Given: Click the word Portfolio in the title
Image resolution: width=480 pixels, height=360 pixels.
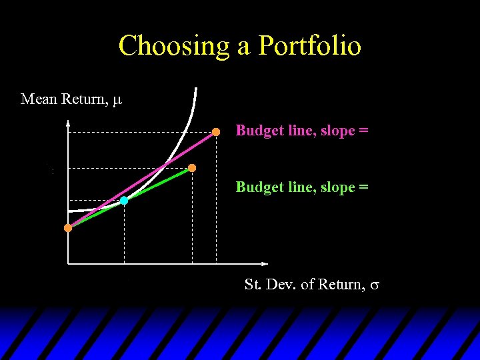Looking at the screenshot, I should [x=310, y=46].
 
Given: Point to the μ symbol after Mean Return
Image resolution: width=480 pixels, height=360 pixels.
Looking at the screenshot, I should [x=117, y=101].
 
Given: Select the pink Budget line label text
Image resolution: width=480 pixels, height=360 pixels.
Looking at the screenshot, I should [x=301, y=131].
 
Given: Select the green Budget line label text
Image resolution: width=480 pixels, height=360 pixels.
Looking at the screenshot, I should [x=301, y=187].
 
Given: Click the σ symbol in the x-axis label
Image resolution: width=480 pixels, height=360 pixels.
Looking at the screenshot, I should [x=375, y=285].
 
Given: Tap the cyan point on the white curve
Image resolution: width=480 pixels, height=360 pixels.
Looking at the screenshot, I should [x=124, y=200].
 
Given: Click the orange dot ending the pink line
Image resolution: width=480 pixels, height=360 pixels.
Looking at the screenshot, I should [x=216, y=132].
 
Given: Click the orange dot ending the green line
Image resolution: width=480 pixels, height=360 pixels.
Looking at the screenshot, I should [x=192, y=168].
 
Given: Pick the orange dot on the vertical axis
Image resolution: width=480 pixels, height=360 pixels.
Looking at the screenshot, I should [x=68, y=228].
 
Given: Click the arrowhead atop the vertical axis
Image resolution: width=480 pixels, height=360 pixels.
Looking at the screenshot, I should [x=68, y=123].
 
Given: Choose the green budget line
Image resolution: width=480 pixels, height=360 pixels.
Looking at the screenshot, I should [x=160, y=183].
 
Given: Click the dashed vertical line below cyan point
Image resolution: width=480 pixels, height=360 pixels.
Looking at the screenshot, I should [x=124, y=233].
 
